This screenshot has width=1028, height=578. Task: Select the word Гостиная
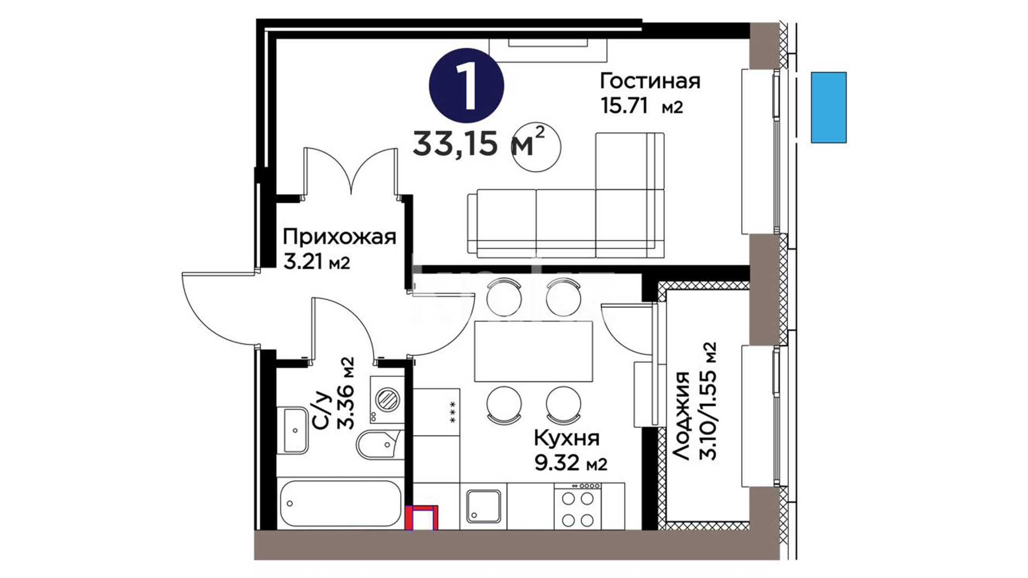tap(650, 81)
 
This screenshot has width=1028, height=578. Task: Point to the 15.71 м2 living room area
tap(642, 106)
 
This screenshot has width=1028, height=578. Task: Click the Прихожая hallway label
tap(339, 237)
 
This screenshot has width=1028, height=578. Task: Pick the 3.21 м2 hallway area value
tap(317, 262)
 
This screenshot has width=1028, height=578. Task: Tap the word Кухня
tap(566, 438)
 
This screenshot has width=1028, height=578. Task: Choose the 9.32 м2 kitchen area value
tap(571, 463)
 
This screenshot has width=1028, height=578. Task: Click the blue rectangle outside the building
tap(828, 108)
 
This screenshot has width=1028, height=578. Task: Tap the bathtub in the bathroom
tap(339, 503)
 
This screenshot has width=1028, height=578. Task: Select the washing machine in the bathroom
tap(387, 400)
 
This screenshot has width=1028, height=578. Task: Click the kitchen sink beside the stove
tap(483, 506)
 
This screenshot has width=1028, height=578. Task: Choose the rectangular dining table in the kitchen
tap(533, 351)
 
